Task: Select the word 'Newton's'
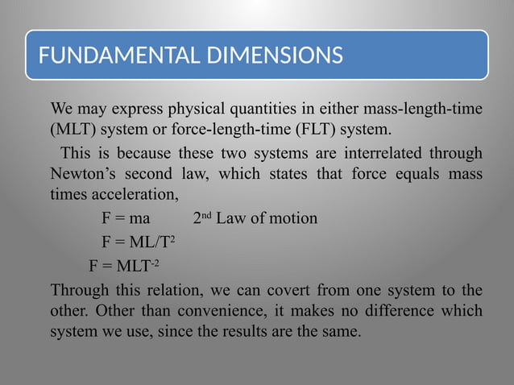click(x=84, y=173)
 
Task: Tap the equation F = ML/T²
click(x=139, y=242)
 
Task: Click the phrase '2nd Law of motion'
click(x=255, y=218)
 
